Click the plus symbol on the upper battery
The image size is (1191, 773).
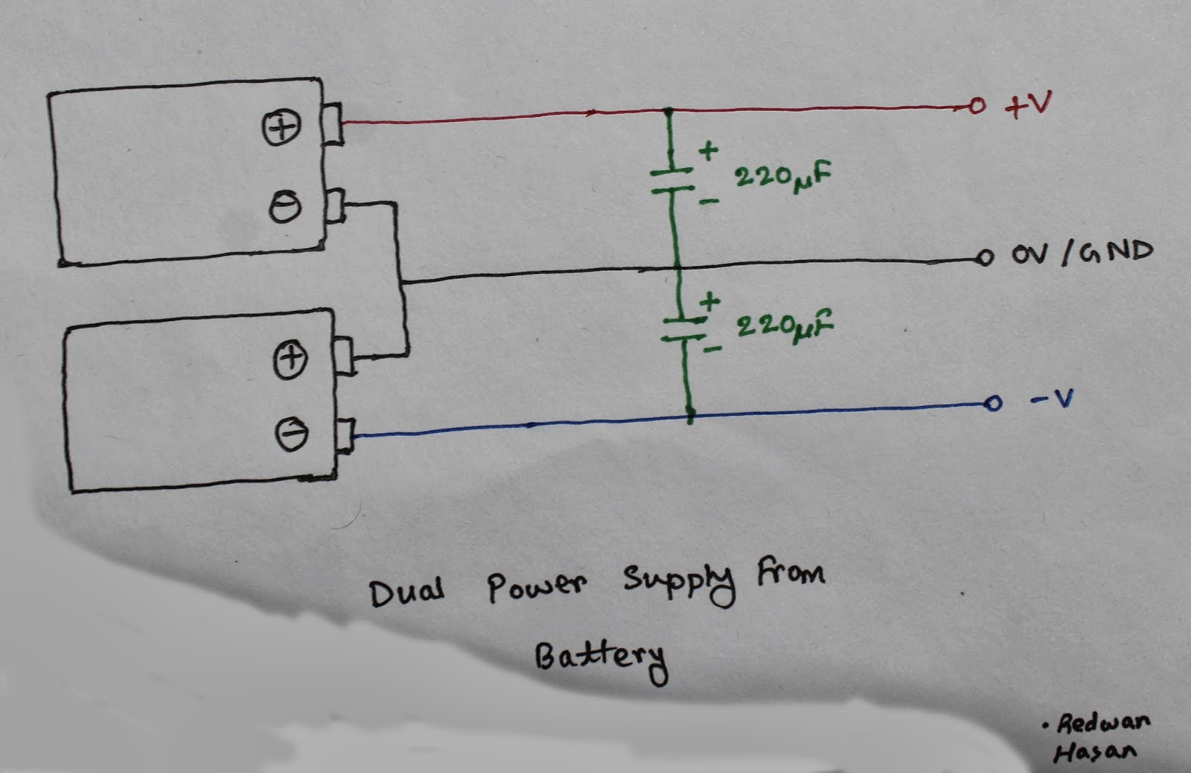[281, 127]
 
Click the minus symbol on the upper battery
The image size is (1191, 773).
[285, 206]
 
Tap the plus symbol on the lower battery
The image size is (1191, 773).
[290, 359]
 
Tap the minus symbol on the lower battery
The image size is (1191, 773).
[291, 434]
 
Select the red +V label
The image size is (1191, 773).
[1028, 104]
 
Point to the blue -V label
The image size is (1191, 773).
[1053, 399]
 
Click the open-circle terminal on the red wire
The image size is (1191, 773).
[977, 106]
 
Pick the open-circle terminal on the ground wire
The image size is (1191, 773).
[984, 257]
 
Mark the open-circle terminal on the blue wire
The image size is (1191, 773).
[993, 404]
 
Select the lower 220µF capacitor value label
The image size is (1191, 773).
[785, 326]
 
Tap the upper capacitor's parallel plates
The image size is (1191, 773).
[673, 180]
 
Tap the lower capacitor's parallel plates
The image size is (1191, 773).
[684, 329]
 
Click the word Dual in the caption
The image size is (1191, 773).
[406, 591]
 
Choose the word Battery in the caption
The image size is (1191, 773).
[601, 662]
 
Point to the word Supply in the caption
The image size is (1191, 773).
[680, 584]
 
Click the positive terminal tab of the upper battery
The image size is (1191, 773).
[332, 124]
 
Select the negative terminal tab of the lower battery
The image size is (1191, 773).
[345, 436]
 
